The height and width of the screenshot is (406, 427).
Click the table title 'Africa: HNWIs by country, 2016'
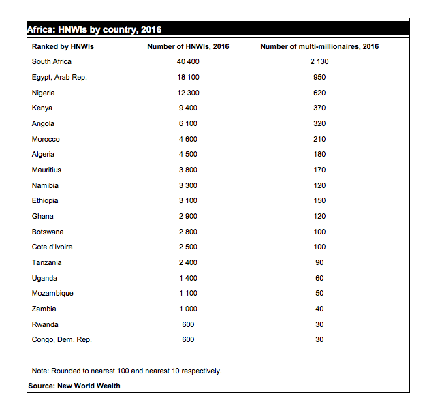click(x=94, y=29)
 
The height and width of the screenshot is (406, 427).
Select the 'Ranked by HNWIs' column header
click(x=63, y=46)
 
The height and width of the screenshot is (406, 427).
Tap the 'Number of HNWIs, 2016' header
click(x=188, y=46)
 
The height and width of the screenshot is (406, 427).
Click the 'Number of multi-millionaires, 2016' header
click(x=319, y=46)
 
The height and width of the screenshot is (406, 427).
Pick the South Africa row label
click(x=51, y=61)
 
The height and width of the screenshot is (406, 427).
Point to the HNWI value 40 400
click(x=188, y=61)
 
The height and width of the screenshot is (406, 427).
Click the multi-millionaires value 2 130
click(x=319, y=61)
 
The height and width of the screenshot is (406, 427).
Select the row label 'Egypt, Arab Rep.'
click(x=59, y=77)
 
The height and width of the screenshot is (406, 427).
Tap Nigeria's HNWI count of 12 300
click(x=188, y=93)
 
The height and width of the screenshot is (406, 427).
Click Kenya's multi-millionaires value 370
click(x=319, y=108)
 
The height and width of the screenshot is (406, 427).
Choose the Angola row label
click(x=43, y=123)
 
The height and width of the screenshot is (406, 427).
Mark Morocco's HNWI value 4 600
click(x=188, y=139)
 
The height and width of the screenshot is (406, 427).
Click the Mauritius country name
click(x=46, y=170)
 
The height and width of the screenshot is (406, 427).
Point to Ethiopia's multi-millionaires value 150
click(x=319, y=200)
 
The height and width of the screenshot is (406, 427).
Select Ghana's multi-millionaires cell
click(x=319, y=216)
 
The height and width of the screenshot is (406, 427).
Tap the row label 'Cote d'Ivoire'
click(x=52, y=247)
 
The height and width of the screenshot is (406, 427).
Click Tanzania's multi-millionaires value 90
click(x=319, y=262)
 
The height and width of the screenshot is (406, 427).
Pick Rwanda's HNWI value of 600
click(x=188, y=324)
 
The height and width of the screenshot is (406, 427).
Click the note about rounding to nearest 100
click(x=127, y=371)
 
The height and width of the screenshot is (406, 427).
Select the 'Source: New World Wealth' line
click(x=74, y=386)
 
